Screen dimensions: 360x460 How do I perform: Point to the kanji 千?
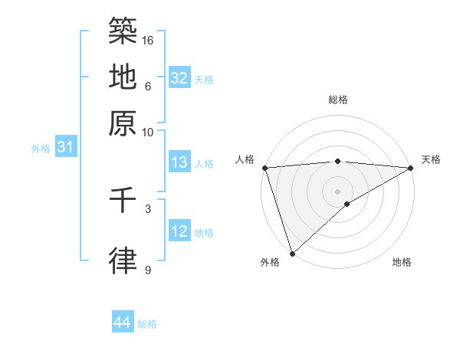[123, 200]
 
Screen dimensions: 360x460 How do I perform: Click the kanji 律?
[123, 260]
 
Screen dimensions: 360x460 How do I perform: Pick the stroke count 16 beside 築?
[149, 39]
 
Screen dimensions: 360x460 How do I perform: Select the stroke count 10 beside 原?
[149, 132]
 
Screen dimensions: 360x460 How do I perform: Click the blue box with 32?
[179, 78]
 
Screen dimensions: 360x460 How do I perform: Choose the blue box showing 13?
[179, 162]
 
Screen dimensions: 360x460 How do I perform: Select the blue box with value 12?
[179, 231]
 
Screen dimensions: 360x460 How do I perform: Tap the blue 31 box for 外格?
[65, 147]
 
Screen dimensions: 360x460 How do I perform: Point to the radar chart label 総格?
[338, 100]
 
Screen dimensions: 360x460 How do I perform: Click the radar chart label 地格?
[402, 262]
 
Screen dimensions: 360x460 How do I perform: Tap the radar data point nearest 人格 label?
[264, 168]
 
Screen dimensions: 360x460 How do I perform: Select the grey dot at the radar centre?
[338, 191]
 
